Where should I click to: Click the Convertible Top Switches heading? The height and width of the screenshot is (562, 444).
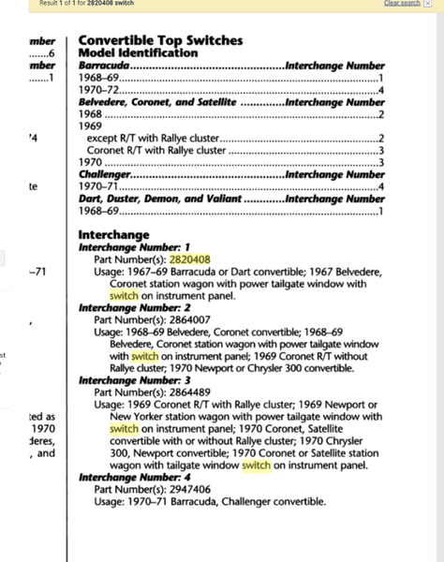point(160,40)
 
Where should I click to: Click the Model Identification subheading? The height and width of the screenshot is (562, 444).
point(138,53)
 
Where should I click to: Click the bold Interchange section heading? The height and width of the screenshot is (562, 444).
point(114,234)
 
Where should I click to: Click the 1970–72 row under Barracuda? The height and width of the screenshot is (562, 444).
point(97,90)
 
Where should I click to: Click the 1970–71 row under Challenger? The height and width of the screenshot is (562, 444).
point(97,186)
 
